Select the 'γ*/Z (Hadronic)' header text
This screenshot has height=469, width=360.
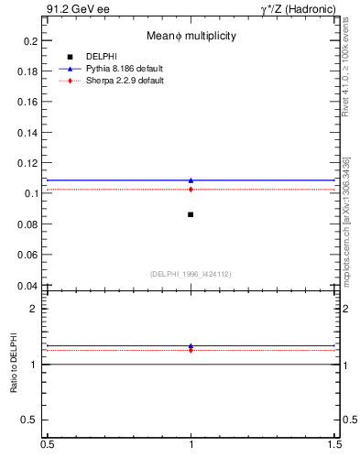(297, 9)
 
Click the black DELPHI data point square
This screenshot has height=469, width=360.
(191, 214)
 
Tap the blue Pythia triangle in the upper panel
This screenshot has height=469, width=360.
(191, 180)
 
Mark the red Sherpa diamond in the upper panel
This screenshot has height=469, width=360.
(191, 190)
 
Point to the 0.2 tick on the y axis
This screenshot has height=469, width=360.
(31, 41)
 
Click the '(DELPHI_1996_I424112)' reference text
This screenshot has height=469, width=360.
(191, 273)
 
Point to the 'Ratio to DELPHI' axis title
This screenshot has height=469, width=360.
(14, 365)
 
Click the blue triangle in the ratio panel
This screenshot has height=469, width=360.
(191, 346)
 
